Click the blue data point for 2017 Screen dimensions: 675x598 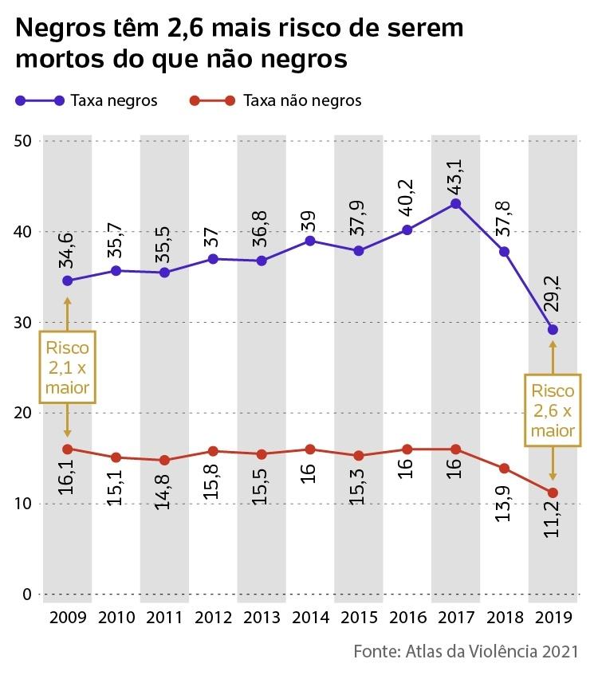point(455,203)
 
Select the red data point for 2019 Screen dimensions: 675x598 point(553,493)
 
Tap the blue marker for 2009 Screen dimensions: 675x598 point(67,281)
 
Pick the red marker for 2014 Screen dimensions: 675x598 point(309,449)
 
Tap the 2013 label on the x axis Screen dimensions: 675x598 point(262,619)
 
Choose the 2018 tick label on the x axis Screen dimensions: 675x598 point(504,619)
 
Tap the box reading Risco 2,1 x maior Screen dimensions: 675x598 point(67,367)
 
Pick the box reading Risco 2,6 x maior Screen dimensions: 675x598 point(553,410)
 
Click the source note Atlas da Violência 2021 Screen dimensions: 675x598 point(465,652)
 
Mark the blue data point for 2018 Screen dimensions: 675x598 point(504,252)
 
